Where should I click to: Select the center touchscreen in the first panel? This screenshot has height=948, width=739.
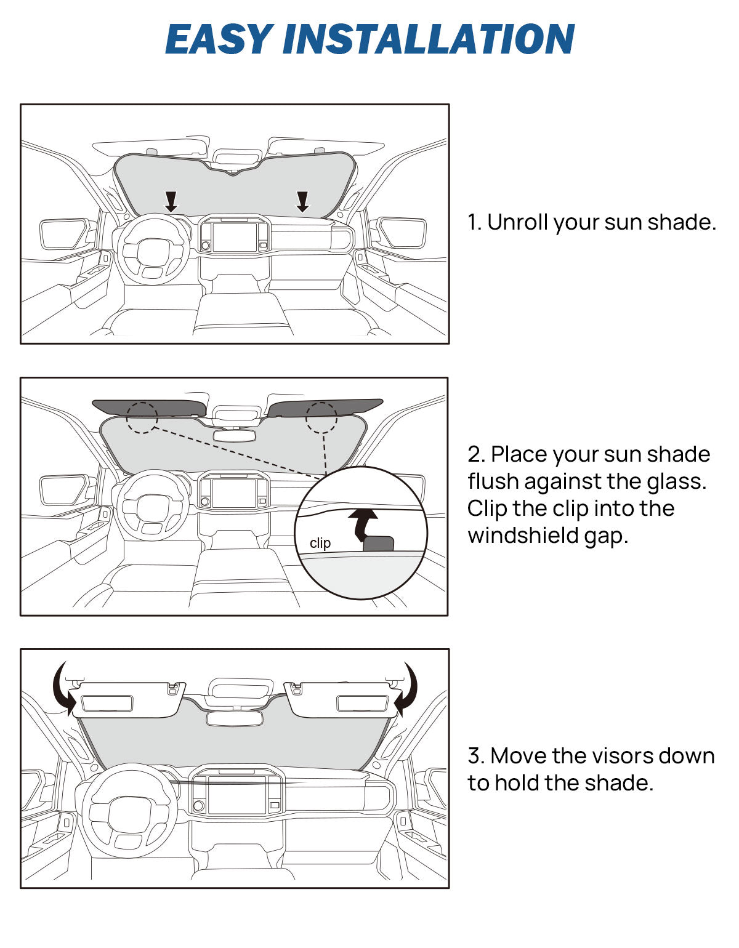pyautogui.click(x=234, y=238)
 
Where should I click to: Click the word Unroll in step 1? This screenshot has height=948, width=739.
pyautogui.click(x=518, y=222)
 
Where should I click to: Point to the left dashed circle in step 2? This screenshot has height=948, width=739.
pyautogui.click(x=142, y=417)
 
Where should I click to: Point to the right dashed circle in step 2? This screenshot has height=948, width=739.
pyautogui.click(x=321, y=417)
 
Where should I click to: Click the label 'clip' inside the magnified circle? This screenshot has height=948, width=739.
pyautogui.click(x=320, y=543)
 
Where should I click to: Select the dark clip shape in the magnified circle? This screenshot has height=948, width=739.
pyautogui.click(x=378, y=544)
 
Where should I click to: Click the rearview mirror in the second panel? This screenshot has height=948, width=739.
pyautogui.click(x=235, y=435)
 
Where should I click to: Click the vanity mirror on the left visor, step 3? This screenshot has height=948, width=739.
pyautogui.click(x=107, y=703)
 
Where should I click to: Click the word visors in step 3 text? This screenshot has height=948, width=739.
pyautogui.click(x=616, y=756)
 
